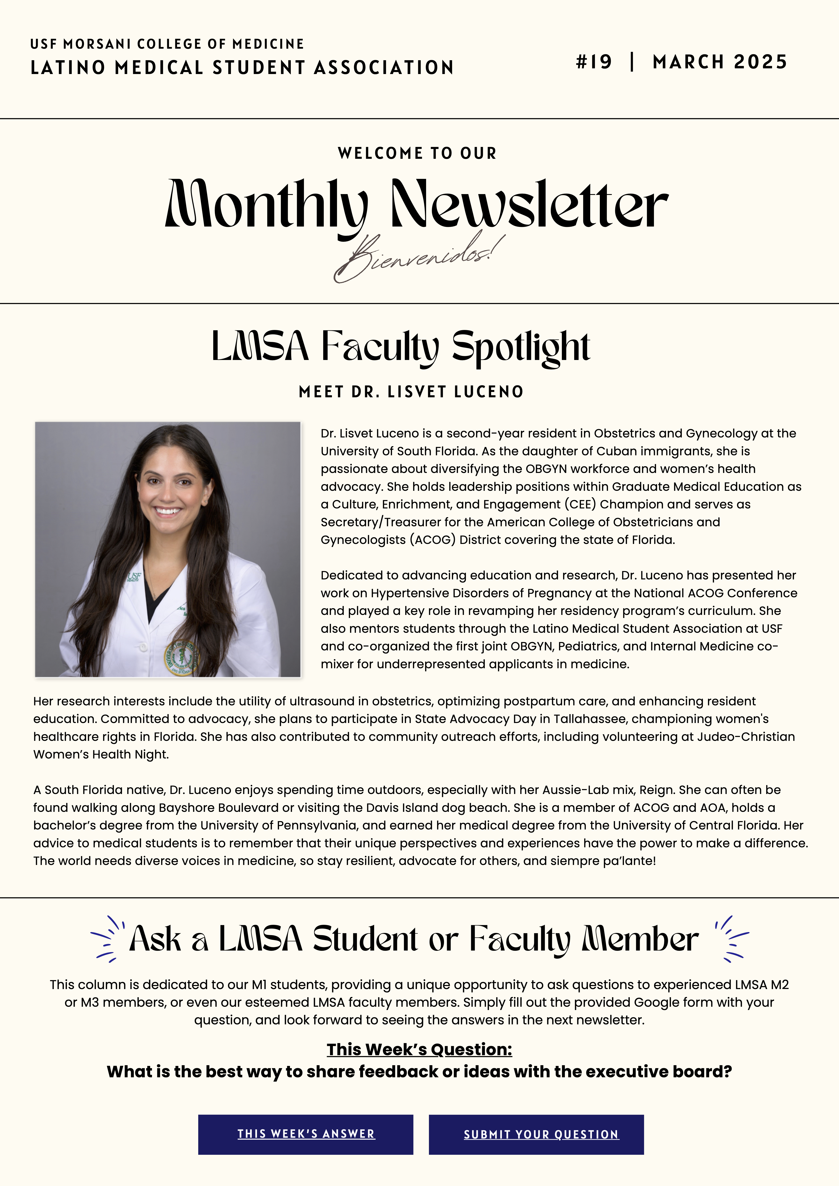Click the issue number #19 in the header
(594, 62)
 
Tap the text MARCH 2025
(719, 62)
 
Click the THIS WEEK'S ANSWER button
(306, 1134)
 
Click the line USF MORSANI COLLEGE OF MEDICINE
(167, 44)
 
